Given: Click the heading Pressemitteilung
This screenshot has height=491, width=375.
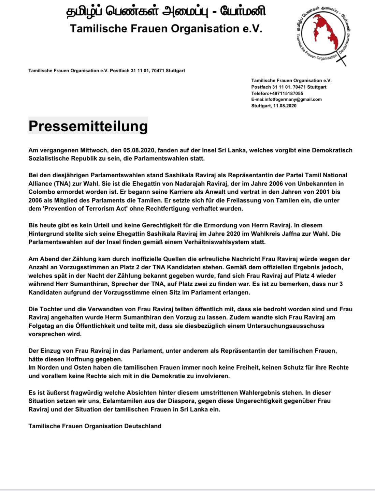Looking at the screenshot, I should coord(88,126).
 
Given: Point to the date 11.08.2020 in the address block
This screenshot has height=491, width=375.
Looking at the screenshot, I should coord(285,106).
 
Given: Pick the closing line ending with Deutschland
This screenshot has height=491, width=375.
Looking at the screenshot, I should coord(95,426).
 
